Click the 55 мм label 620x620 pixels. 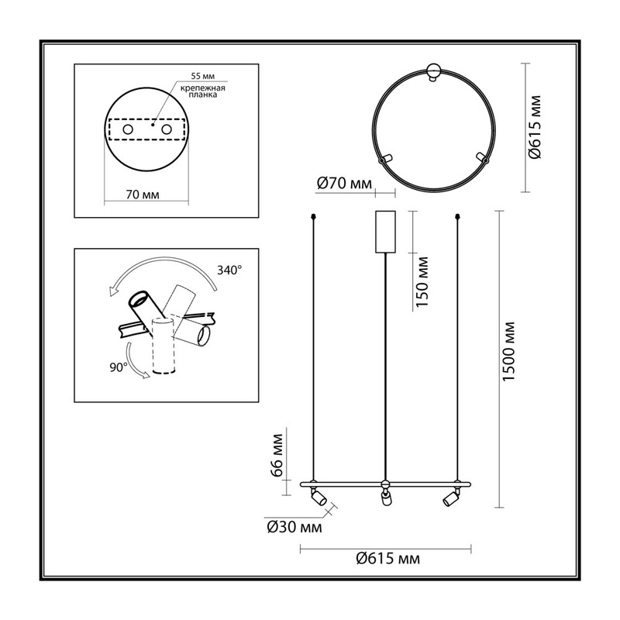point(203,76)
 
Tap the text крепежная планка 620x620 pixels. point(203,91)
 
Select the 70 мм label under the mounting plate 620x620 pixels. point(143,195)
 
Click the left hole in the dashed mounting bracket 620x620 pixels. point(128,129)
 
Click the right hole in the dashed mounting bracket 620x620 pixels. point(167,129)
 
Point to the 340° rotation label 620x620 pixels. point(229,270)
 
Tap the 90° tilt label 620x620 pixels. point(119,367)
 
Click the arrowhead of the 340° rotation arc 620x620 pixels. point(114,291)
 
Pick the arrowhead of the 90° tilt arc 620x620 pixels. point(146,374)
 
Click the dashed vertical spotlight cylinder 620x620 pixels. point(164,346)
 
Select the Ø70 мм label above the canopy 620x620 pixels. point(344,184)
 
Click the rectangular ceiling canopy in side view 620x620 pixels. point(385,232)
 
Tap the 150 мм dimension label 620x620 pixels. point(422,282)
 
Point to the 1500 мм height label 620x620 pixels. point(508,352)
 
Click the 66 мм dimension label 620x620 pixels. point(278,456)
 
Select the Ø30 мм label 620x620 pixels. point(294,527)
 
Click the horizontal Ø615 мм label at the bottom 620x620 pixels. point(388,558)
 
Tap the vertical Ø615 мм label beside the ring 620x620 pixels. point(534,126)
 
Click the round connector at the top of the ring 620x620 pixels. point(434,71)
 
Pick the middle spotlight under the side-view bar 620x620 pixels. point(385,498)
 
